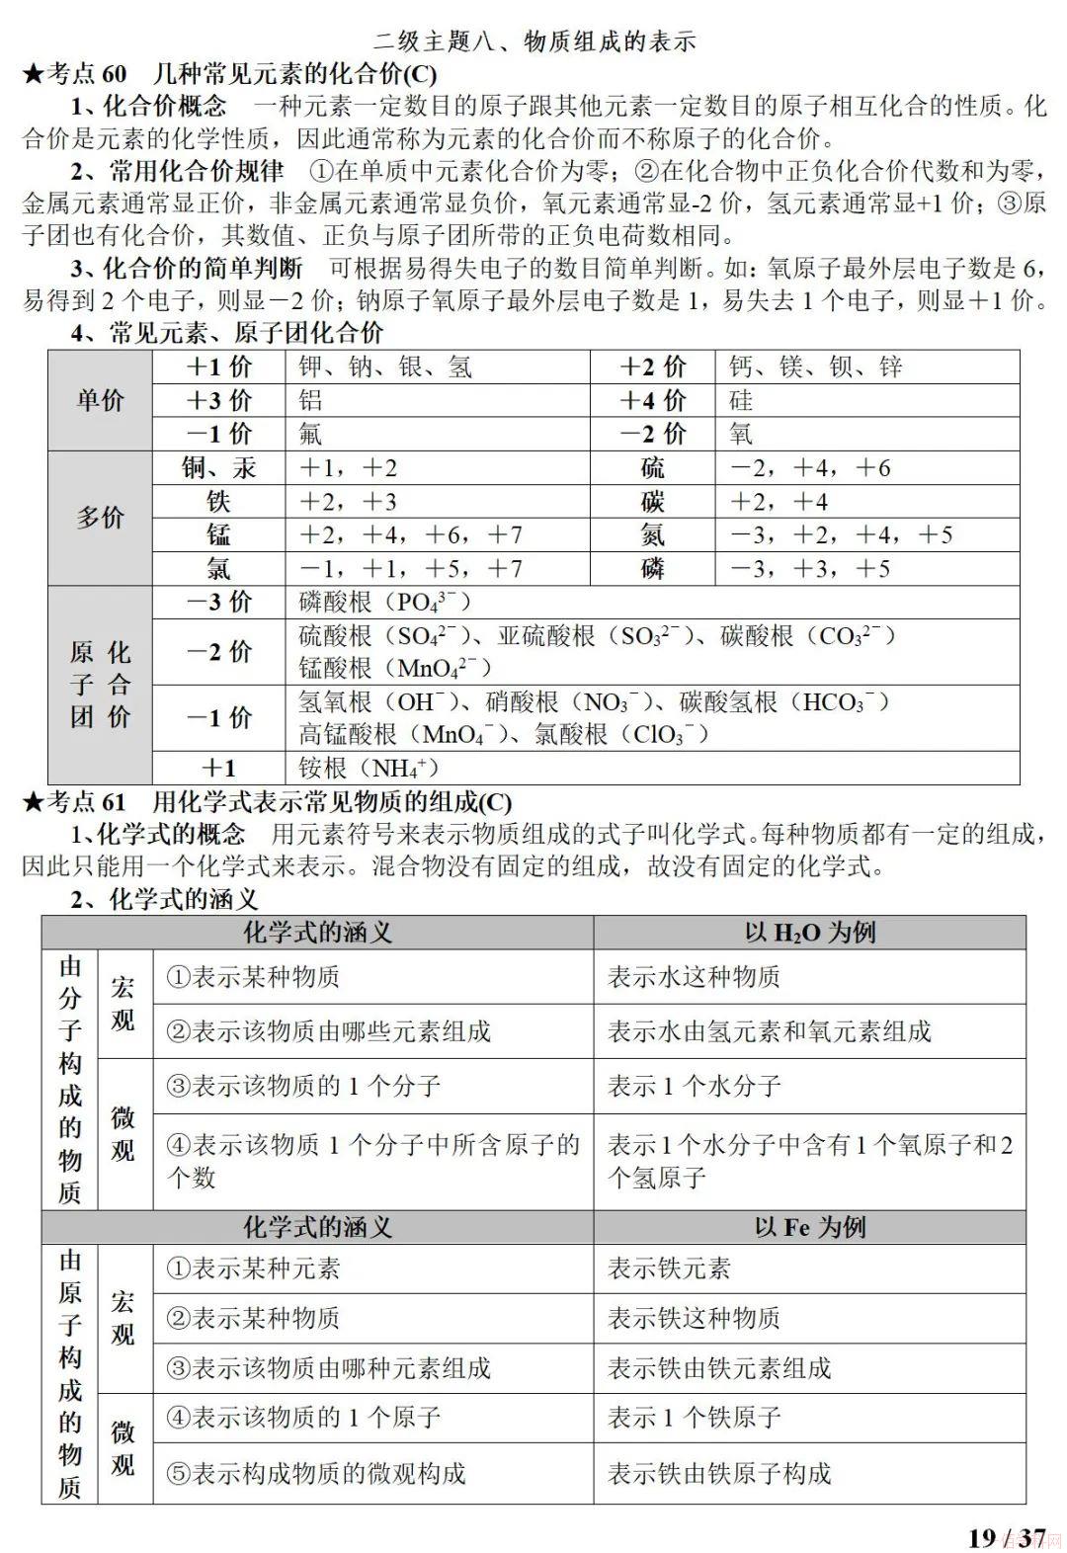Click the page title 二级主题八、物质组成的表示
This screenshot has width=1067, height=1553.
[534, 41]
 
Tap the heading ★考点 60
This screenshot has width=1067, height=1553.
[74, 74]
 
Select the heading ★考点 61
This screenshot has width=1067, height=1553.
[74, 801]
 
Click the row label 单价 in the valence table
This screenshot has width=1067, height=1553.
[100, 400]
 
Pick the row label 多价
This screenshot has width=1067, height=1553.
[100, 518]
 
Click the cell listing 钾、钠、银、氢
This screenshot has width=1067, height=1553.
[385, 368]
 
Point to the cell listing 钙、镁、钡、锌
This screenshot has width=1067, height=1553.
[816, 368]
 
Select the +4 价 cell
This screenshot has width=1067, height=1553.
[652, 400]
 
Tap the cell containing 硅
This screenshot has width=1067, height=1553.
[741, 400]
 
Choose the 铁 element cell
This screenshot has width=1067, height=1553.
[218, 501]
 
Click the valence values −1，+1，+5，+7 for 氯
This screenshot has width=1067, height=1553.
[410, 568]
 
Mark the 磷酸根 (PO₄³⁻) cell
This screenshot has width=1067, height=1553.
[385, 602]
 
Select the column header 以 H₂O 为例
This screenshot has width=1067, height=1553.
[809, 932]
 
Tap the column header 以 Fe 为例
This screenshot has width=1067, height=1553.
[809, 1227]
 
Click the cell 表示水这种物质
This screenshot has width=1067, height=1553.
[694, 977]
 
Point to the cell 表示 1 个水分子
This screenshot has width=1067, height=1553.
[694, 1086]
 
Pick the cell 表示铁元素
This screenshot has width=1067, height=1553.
[669, 1268]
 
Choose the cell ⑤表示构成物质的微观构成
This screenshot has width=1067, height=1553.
[315, 1473]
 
